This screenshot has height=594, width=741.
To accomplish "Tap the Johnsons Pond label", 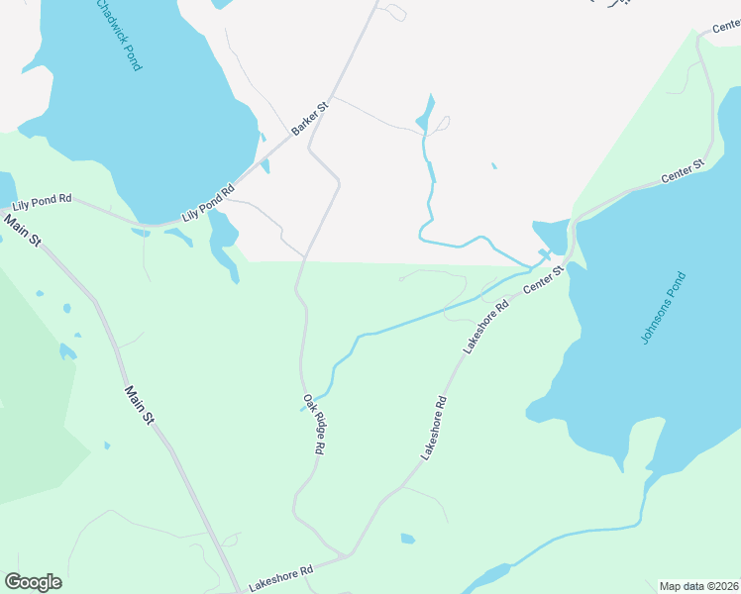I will [x=663, y=307].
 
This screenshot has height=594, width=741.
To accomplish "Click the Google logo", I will [x=33, y=582].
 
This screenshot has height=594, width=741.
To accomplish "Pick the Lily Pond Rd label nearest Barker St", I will [x=207, y=203].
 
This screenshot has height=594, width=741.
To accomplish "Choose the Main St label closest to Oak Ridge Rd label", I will [x=140, y=406].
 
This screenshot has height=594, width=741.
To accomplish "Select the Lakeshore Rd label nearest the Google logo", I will [x=280, y=578].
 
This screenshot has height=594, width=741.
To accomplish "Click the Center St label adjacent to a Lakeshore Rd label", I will [x=543, y=277].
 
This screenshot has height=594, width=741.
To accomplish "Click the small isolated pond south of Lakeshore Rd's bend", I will [x=408, y=539].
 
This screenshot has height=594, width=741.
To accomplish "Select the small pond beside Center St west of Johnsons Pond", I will [x=551, y=236].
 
